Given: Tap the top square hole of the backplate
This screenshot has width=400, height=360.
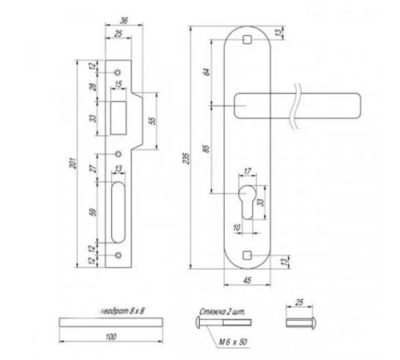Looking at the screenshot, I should click(x=246, y=38).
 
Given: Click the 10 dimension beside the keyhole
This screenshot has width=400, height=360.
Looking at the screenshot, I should click(x=238, y=229).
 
